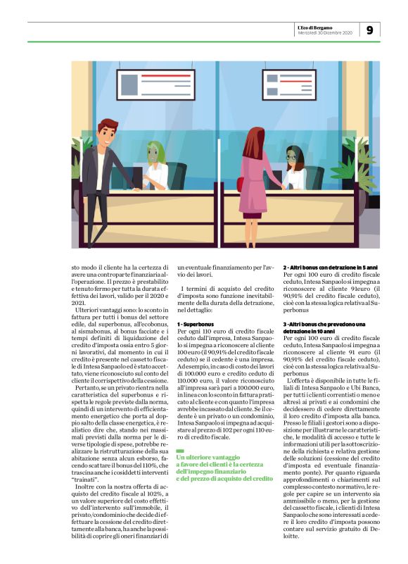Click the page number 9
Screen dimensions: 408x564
(370, 30)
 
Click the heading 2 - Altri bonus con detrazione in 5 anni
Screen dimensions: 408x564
(330, 268)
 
